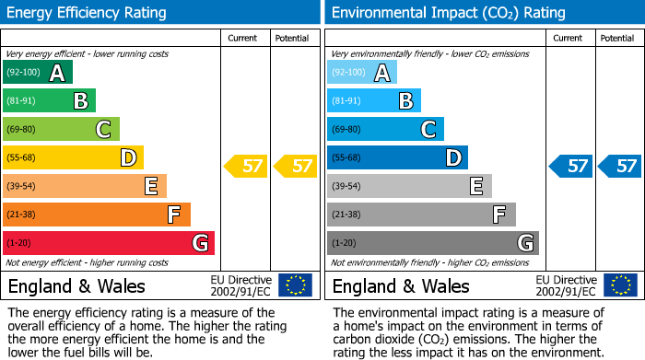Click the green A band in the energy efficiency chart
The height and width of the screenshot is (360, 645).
pos(38,73)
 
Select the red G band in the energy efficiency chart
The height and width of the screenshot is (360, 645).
pos(109,243)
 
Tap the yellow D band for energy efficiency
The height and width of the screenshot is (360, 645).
pos(73,157)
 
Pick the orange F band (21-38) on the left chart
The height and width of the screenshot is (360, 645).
pos(97,215)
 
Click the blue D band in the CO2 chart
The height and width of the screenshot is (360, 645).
pos(397,157)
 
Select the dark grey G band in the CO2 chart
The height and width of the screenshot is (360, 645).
pos(432,243)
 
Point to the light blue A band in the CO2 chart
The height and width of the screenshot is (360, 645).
pos(362,73)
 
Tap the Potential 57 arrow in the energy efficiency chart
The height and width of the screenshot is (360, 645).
pos(296,167)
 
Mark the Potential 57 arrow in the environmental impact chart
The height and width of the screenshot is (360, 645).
pos(620,167)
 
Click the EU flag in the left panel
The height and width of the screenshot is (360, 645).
pos(295,285)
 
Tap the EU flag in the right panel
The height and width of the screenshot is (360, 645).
pos(619,285)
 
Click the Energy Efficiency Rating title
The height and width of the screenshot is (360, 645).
pos(88,13)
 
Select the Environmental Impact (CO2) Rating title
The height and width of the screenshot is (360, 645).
pos(448,13)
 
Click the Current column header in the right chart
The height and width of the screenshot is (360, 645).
pos(569,38)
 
